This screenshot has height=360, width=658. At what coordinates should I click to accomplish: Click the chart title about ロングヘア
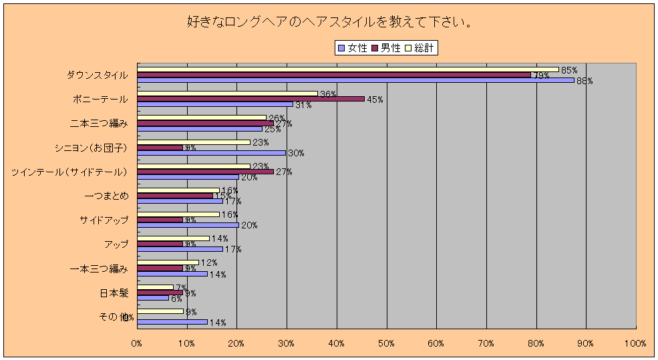tap(329, 22)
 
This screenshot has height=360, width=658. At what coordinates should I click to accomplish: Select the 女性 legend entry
tap(353, 47)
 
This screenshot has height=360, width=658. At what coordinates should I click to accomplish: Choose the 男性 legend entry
tap(391, 47)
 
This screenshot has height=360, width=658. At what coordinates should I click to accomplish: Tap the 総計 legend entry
tap(424, 47)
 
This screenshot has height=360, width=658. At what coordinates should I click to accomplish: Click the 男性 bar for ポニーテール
tap(251, 99)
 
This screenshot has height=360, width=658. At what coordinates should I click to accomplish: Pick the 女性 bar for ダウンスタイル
tap(355, 80)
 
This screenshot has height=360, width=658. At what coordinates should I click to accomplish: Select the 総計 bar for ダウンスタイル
tap(347, 69)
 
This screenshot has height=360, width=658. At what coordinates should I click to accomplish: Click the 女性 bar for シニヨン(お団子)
tap(211, 153)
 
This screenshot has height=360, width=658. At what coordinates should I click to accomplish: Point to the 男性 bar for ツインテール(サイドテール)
tap(205, 172)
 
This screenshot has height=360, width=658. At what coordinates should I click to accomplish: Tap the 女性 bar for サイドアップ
tap(187, 225)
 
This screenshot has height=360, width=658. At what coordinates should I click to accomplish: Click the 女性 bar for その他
tap(172, 322)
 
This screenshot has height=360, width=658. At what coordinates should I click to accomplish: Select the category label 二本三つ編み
tap(99, 124)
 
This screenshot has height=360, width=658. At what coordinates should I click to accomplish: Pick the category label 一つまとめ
tap(107, 196)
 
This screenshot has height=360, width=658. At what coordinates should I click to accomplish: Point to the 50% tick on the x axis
tap(386, 343)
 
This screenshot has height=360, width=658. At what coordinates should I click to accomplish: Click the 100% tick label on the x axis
tap(635, 343)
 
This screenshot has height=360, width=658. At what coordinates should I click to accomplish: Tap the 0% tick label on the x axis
tap(137, 343)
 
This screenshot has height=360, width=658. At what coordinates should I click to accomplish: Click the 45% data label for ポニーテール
tap(375, 100)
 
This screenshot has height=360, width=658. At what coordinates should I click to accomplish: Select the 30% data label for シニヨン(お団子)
tap(296, 153)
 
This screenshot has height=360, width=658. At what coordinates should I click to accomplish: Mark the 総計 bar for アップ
tap(173, 238)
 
